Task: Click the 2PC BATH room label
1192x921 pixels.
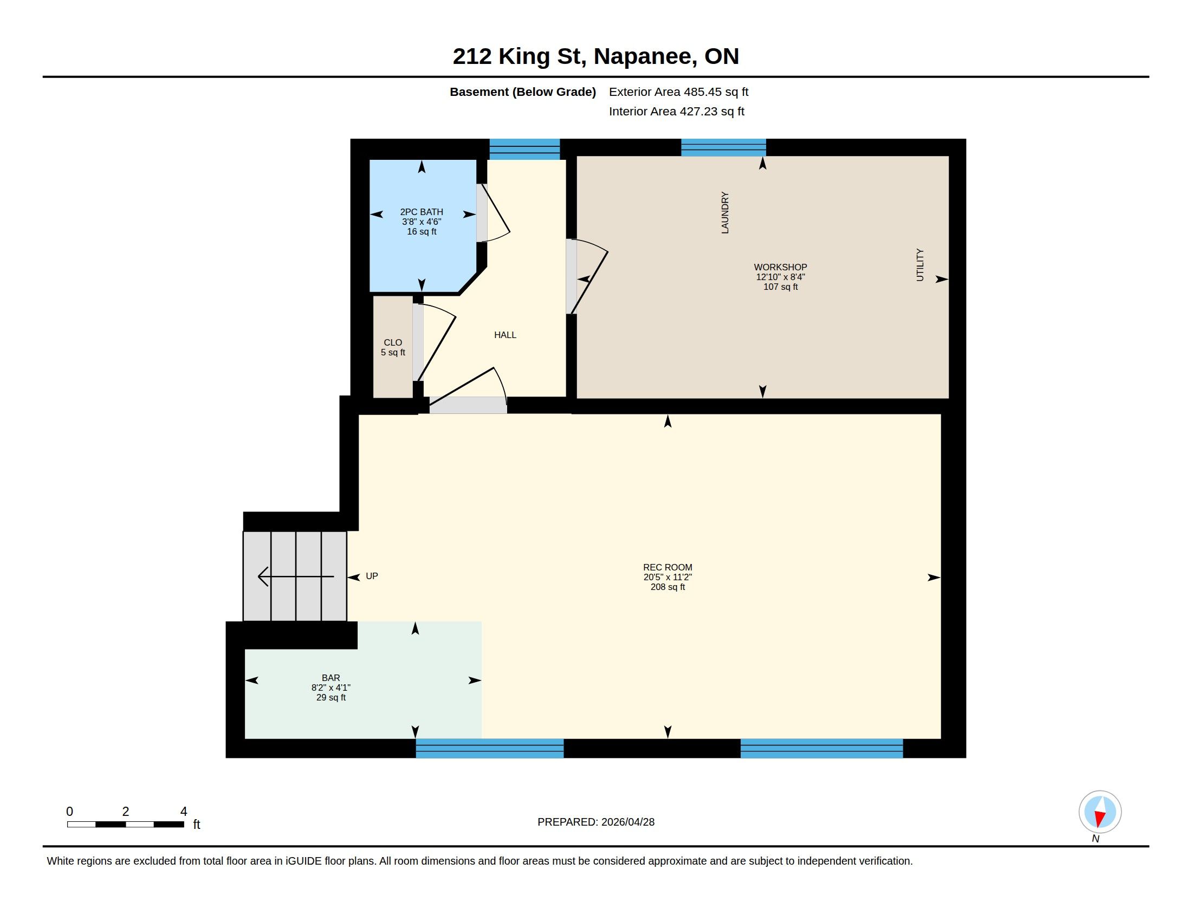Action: coord(422,212)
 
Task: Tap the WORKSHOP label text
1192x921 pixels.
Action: coord(780,267)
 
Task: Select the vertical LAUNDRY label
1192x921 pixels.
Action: coord(725,213)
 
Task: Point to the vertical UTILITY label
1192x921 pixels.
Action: coord(919,265)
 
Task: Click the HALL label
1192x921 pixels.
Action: coord(505,335)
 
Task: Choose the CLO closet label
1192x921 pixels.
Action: coord(393,342)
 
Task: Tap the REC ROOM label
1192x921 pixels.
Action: coord(668,567)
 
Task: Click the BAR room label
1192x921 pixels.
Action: coord(331,678)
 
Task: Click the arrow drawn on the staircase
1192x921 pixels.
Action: coord(295,577)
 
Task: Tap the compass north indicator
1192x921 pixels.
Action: coord(1100,812)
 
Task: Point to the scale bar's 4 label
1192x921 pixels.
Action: coord(184,812)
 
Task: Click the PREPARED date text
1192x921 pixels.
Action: coord(596,822)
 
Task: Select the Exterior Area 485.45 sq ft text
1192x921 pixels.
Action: coord(678,92)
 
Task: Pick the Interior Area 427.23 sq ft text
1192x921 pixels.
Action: coord(676,111)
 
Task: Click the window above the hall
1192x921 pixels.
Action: coord(524,150)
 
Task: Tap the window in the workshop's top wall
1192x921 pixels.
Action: coord(723,148)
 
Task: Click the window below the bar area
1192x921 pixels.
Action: coord(490,748)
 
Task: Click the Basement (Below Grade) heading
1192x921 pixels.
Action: coord(522,92)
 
